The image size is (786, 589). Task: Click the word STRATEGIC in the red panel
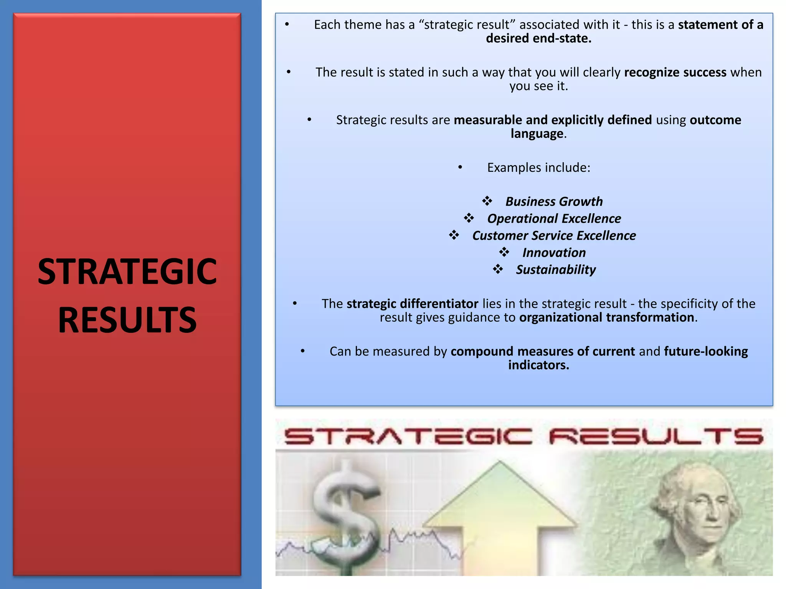[x=127, y=271]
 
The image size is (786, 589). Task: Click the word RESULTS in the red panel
[x=127, y=320]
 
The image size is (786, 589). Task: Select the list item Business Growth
[x=554, y=201]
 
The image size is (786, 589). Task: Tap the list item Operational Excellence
[x=554, y=219]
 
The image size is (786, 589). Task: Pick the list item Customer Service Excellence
[x=554, y=235]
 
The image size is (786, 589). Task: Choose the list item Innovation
[x=554, y=253]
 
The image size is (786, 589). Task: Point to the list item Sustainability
[x=556, y=270]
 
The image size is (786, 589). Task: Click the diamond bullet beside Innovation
[x=504, y=252]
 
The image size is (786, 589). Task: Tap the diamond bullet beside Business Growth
[x=487, y=201]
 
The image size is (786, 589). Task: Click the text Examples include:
[x=538, y=168]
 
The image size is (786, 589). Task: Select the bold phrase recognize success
[x=675, y=72]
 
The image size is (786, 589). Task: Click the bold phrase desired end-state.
[x=538, y=38]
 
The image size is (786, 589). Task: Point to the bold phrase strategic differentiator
[x=412, y=304]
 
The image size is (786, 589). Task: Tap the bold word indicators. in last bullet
[x=538, y=365]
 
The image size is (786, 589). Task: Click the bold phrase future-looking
[x=706, y=351]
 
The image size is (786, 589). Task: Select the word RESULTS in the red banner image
[x=656, y=437]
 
